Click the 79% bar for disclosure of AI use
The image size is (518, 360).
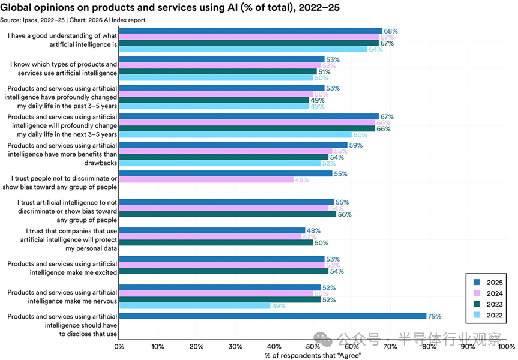pyautogui.click(x=273, y=316)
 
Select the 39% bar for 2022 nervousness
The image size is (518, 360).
pyautogui.click(x=194, y=305)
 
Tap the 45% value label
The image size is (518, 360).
pyautogui.click(x=303, y=179)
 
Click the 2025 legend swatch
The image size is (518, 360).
pyautogui.click(x=476, y=281)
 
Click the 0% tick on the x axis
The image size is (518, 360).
pyautogui.click(x=119, y=346)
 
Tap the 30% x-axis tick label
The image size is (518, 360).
pyautogui.click(x=235, y=346)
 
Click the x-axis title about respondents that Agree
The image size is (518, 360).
pyautogui.click(x=313, y=355)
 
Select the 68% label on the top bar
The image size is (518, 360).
pyautogui.click(x=391, y=31)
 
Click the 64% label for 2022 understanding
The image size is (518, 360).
pyautogui.click(x=376, y=49)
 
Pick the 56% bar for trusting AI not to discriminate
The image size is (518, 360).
pyautogui.click(x=227, y=214)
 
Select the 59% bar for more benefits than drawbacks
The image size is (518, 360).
pyautogui.click(x=233, y=145)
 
